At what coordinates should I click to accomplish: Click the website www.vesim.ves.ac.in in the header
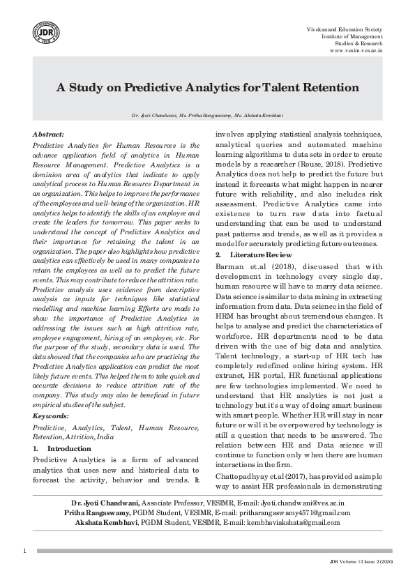pos(356,50)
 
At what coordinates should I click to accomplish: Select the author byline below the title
pos(207,114)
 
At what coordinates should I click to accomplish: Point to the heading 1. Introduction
pos(62,449)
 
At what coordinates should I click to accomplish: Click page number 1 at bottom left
pos(24,551)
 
